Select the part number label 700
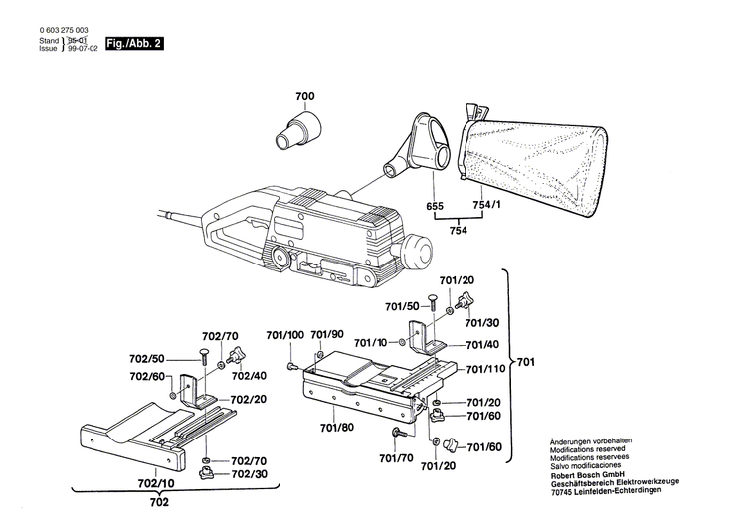point(304,96)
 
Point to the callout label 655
point(434,205)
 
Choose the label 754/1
point(483,205)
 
